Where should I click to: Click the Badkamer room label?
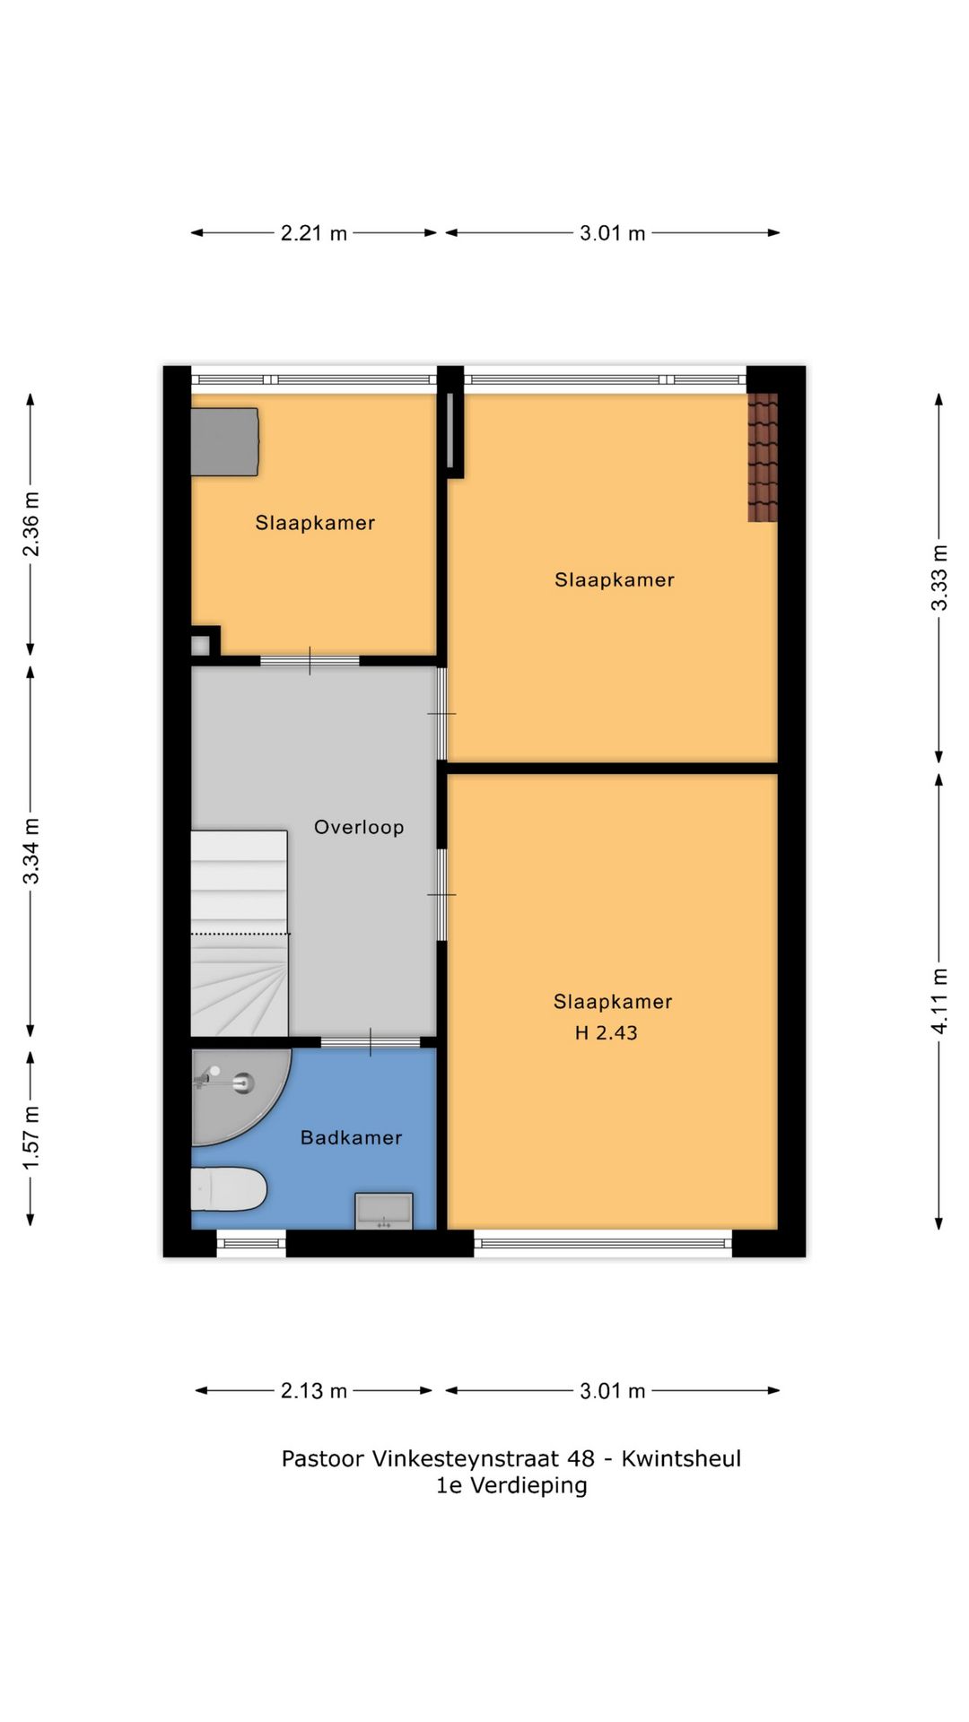351,1137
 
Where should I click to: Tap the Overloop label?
359,827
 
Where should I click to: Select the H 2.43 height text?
607,1032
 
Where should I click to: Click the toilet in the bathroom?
229,1189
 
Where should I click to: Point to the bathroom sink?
384,1210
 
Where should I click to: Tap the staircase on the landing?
240,933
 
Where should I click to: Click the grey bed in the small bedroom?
225,441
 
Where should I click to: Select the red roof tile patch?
763,457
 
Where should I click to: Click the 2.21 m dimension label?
314,233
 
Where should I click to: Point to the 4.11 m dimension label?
938,1001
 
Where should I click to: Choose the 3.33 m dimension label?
938,578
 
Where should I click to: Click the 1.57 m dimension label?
31,1137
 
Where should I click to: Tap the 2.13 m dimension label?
314,1391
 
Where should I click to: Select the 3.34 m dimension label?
31,850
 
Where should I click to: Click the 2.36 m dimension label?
31,524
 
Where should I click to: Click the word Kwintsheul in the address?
681,1458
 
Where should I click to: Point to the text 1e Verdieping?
511,1485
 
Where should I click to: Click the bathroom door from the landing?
371,1042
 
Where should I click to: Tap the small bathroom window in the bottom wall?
251,1243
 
